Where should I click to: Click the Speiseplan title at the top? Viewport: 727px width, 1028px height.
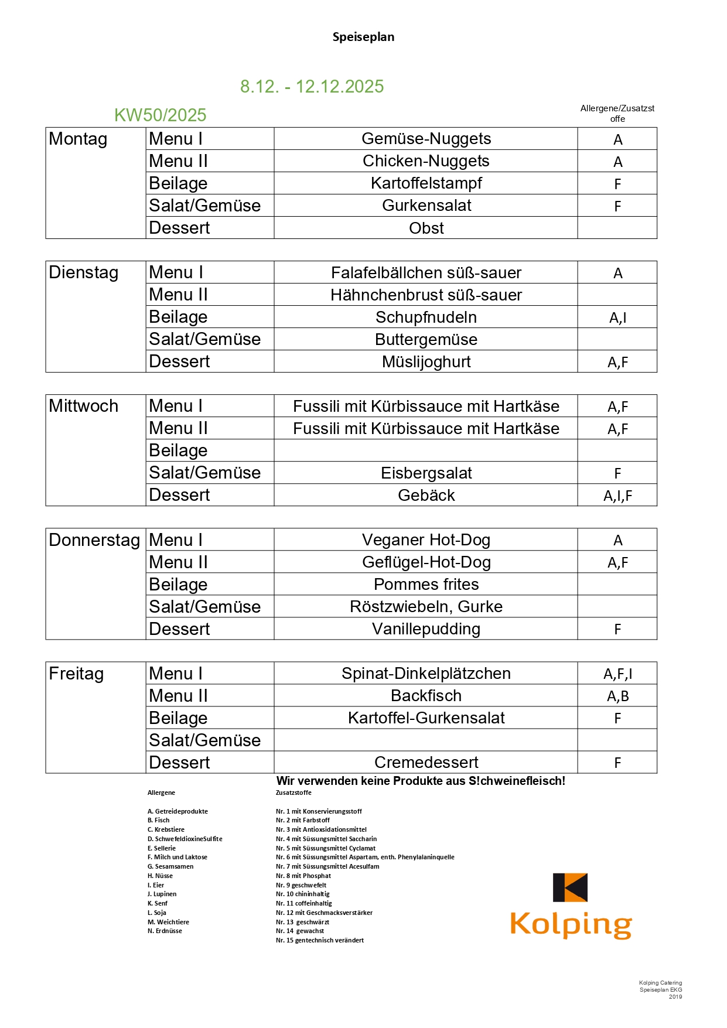363,37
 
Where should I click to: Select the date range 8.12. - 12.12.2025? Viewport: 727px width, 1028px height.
312,87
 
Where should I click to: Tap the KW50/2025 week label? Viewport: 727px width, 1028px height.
160,115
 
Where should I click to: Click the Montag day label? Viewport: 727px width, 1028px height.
78,139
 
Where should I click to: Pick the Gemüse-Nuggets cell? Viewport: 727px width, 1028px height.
426,139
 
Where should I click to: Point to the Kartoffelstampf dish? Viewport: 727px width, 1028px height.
426,183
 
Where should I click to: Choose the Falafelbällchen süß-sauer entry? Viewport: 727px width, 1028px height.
426,273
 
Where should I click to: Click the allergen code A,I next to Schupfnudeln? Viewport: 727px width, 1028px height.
617,317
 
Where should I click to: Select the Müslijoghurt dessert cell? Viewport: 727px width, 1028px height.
426,362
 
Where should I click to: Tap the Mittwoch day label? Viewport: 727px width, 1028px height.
83,406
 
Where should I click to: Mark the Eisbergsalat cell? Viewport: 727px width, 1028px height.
426,473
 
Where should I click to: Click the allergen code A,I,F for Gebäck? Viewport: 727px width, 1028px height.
617,496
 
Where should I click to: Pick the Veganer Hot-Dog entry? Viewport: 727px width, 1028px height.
426,540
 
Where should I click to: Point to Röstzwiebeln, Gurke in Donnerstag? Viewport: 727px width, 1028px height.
426,607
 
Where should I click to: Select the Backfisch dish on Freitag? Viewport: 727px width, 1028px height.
426,696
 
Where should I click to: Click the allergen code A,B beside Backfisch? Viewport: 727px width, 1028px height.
617,696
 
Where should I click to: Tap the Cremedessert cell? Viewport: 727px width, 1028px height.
426,763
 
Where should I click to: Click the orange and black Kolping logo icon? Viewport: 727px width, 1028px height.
570,887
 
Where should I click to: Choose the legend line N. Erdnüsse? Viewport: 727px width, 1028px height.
165,931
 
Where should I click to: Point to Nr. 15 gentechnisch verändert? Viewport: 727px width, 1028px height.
319,940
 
